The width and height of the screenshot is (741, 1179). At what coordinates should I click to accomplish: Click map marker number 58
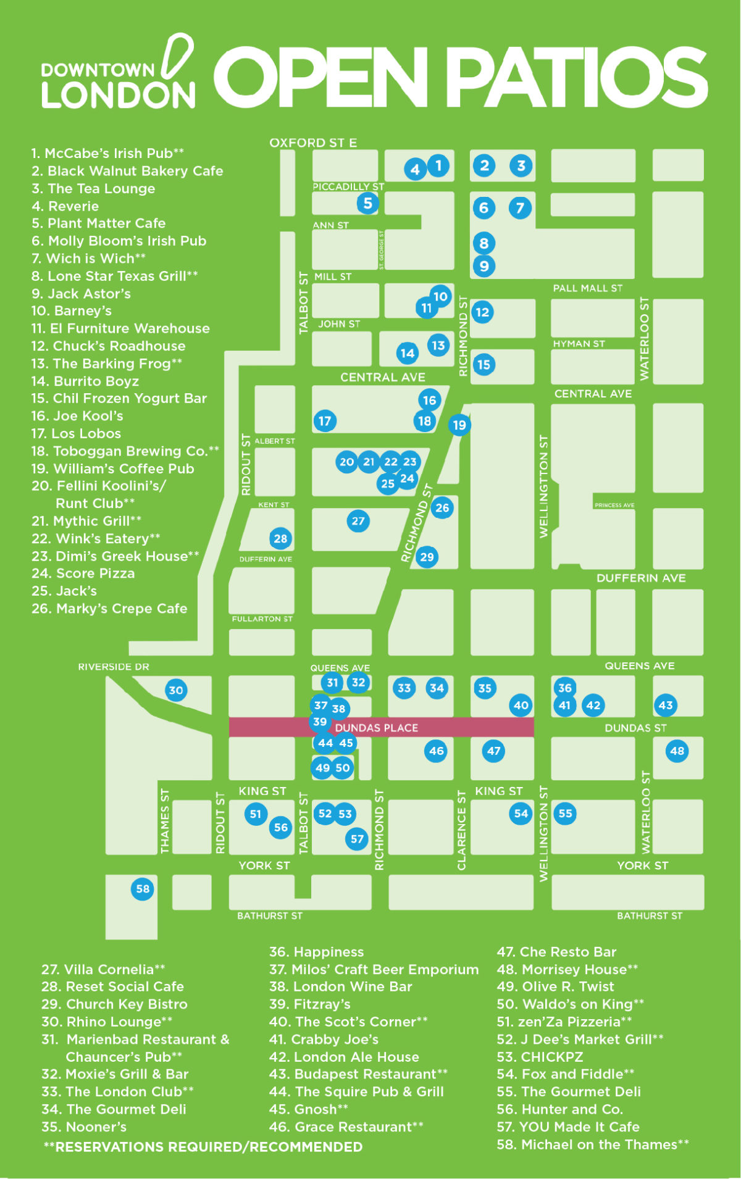click(x=143, y=889)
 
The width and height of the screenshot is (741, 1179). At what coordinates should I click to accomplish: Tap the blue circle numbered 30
click(x=176, y=690)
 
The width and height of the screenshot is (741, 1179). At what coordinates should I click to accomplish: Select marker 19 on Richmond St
click(x=459, y=425)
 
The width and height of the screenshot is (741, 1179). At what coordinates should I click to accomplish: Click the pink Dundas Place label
click(x=376, y=728)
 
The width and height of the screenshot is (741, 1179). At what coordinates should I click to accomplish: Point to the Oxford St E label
click(x=313, y=143)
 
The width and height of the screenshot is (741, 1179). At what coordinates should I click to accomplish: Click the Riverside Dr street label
click(x=114, y=667)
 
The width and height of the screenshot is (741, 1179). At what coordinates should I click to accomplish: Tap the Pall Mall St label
click(x=587, y=288)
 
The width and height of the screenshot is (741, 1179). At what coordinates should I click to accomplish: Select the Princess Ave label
click(x=614, y=505)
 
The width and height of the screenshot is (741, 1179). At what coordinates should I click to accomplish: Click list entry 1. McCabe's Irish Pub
click(x=107, y=153)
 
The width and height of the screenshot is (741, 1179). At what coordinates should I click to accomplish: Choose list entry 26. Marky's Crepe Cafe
click(x=109, y=609)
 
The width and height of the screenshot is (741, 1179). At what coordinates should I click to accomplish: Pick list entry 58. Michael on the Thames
click(x=592, y=1144)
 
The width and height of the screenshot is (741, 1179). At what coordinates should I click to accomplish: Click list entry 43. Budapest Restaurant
click(x=358, y=1074)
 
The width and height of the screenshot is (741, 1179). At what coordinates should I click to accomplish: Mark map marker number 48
click(x=677, y=751)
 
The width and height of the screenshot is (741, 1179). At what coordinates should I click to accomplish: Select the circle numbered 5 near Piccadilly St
click(x=367, y=202)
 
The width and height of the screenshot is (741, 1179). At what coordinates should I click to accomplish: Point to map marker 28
click(x=280, y=538)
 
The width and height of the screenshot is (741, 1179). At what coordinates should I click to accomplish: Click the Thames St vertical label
click(x=164, y=821)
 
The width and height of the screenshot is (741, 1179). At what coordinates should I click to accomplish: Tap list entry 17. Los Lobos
click(x=76, y=433)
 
